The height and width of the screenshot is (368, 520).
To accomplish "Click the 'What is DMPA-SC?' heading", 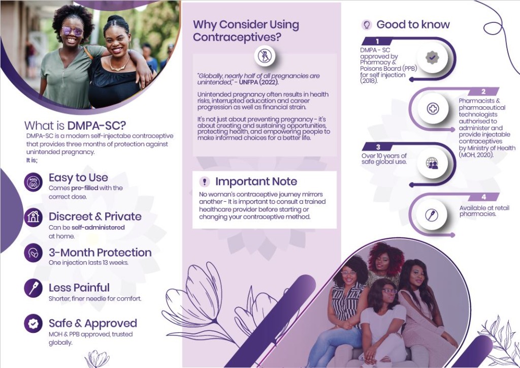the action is click(x=75, y=126).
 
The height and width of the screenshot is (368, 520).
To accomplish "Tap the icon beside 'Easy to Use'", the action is click(x=33, y=182).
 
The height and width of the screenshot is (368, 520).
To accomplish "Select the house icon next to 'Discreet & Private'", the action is click(x=33, y=218).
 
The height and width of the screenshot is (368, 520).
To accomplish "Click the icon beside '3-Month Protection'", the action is click(x=33, y=253).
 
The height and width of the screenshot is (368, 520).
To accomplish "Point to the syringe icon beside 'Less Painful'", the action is click(x=33, y=288).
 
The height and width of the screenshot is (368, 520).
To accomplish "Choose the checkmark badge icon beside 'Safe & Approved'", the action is click(x=33, y=324).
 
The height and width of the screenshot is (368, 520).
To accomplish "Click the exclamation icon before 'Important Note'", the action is click(x=205, y=181).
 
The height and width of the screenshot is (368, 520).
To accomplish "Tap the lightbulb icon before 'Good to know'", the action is click(x=367, y=24).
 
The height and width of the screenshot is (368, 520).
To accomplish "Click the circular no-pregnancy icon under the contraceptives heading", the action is click(x=265, y=56).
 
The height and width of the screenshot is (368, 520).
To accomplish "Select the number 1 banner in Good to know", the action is click(x=377, y=41).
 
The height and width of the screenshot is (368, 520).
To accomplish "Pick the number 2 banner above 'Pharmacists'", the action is click(x=483, y=91).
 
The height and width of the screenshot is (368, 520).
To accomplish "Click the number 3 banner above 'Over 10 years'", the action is click(x=378, y=147).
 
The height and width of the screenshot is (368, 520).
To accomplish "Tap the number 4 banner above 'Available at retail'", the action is click(x=483, y=197).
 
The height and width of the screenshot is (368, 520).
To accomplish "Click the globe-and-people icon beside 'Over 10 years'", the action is click(x=432, y=163).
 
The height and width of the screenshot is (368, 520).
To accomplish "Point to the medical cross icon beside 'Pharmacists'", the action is click(x=433, y=108).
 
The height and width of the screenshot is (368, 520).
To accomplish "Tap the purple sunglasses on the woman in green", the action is click(x=72, y=32).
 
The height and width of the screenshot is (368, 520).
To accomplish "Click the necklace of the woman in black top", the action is click(x=119, y=66).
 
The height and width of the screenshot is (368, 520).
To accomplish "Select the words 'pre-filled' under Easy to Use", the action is click(x=85, y=188).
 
